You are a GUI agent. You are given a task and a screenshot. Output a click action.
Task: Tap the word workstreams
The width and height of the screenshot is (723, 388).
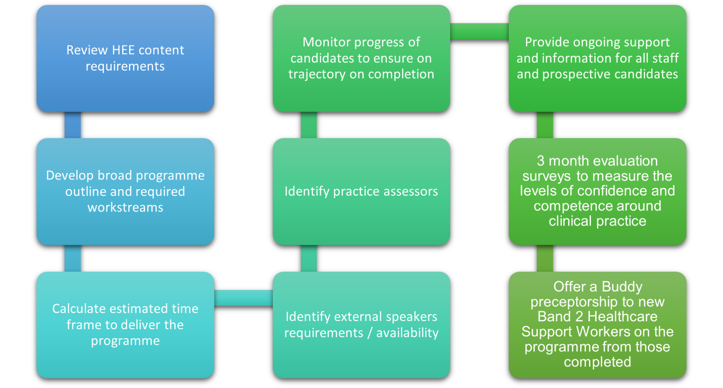click(125, 207)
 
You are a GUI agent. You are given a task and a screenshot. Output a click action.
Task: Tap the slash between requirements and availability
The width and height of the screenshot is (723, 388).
click(370, 333)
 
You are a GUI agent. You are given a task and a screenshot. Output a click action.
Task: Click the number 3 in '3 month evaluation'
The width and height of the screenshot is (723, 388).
click(540, 161)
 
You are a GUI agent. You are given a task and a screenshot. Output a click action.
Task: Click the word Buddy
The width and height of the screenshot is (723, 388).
click(622, 287)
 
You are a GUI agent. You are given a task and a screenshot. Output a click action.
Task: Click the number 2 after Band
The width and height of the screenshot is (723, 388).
click(579, 317)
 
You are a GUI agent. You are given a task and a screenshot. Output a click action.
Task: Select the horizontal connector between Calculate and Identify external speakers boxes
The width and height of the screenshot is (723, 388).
click(243, 298)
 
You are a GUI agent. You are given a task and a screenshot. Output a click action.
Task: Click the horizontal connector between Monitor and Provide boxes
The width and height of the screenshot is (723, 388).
click(479, 31)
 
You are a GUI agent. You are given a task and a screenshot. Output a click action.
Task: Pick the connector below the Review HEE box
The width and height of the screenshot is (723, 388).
click(73, 125)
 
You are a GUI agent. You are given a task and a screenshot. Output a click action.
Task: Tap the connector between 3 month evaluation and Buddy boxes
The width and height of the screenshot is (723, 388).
click(545, 258)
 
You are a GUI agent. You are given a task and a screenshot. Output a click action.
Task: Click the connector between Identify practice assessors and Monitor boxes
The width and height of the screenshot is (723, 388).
click(309, 125)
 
